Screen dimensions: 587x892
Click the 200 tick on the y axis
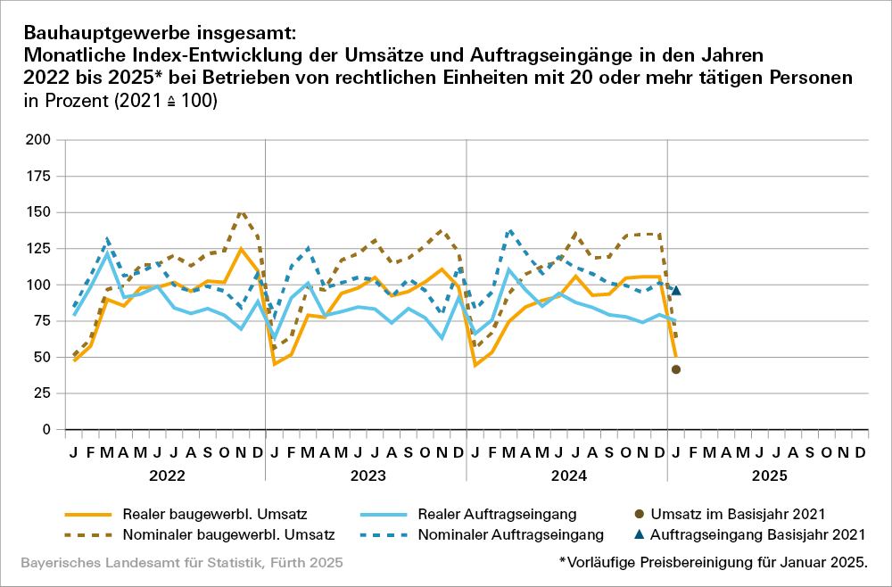(37, 140)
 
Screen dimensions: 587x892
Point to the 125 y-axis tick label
(37, 249)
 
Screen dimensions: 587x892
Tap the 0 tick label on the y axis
(45, 430)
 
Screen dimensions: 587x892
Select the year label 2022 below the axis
(166, 476)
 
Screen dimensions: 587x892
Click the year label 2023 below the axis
(367, 476)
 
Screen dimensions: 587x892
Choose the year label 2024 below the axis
(568, 476)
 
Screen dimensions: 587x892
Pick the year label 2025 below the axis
(769, 476)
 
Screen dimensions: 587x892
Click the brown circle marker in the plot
(676, 369)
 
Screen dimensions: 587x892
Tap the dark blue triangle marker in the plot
(676, 290)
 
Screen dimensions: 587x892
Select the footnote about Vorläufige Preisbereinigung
(713, 563)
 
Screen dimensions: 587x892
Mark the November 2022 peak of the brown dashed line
(241, 212)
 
